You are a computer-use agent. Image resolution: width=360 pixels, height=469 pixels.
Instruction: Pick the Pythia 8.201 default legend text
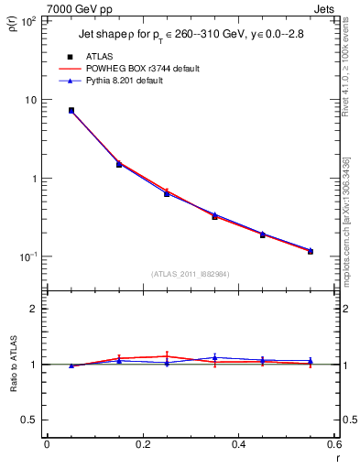click(x=134, y=81)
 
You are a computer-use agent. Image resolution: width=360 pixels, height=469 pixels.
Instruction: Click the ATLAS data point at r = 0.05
click(x=71, y=111)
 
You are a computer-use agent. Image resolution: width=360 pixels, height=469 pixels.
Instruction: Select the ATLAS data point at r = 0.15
click(x=119, y=165)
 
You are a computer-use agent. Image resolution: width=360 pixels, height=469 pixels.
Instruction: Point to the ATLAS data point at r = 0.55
click(x=311, y=251)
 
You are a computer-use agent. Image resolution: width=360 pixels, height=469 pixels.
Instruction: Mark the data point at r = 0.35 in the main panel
click(x=214, y=216)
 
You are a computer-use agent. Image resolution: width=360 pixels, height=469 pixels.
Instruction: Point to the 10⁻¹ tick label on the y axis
click(x=29, y=256)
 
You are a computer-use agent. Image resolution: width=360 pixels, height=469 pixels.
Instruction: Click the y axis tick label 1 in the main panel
click(x=35, y=179)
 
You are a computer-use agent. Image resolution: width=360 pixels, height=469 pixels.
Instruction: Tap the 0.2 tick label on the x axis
click(x=142, y=444)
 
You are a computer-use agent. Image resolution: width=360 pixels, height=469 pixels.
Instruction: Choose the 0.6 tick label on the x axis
click(x=333, y=444)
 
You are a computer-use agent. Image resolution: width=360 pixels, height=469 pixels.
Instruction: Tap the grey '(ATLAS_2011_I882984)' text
click(x=189, y=274)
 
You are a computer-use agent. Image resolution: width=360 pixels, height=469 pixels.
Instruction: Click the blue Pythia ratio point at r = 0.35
click(x=214, y=357)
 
